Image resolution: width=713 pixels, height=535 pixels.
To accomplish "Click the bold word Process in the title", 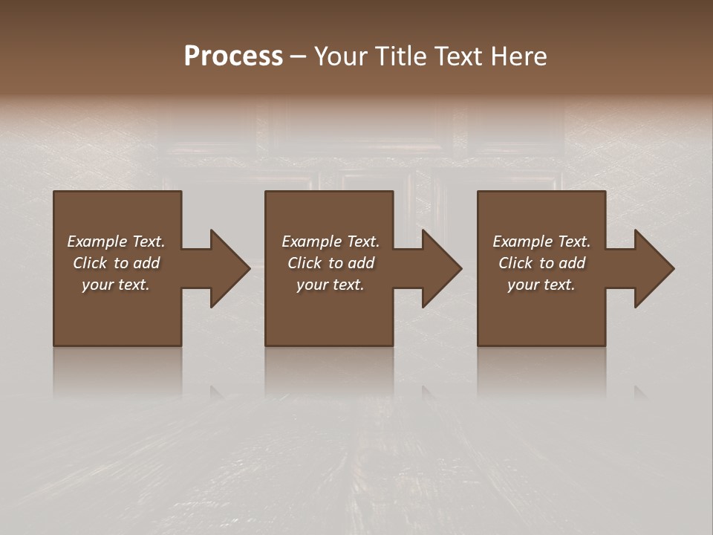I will [x=233, y=56].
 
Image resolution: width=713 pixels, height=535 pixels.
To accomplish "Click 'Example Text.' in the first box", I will [x=116, y=241].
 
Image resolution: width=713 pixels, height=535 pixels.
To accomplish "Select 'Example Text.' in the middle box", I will [x=331, y=241].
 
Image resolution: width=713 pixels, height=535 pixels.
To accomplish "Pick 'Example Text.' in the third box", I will [x=541, y=241].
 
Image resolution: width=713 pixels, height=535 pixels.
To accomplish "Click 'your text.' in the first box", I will [x=116, y=285].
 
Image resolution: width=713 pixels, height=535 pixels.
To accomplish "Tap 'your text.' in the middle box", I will [x=331, y=285].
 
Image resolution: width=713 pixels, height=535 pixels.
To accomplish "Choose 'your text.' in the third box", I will [x=541, y=285].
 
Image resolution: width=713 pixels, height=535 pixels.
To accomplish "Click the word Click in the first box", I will [x=90, y=263].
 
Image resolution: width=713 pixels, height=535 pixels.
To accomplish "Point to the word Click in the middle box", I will [x=305, y=263].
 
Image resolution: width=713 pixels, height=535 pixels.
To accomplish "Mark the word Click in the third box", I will [x=515, y=263].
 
